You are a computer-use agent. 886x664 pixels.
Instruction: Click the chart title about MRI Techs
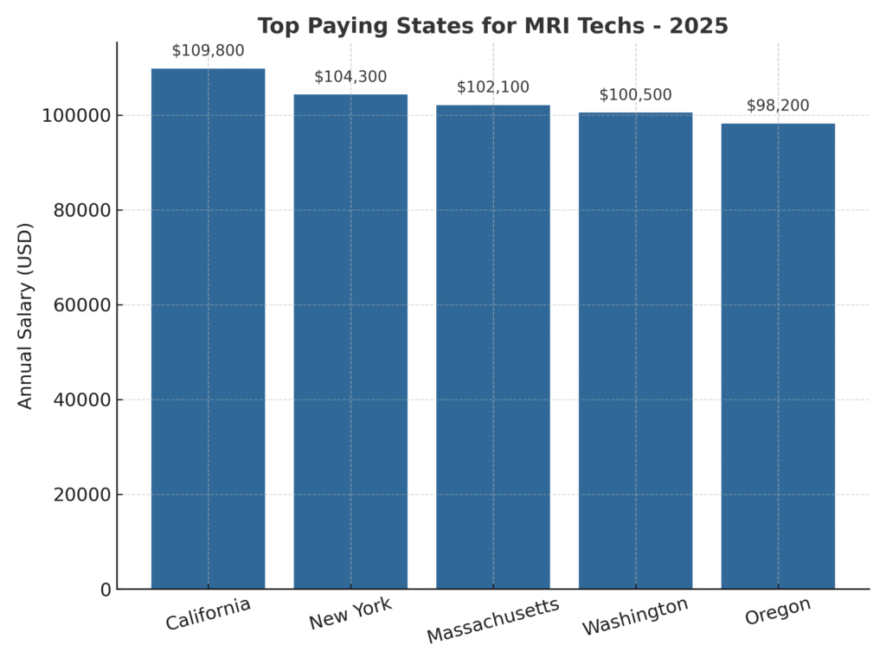point(492,26)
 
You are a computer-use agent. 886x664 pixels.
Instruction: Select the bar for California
point(208,329)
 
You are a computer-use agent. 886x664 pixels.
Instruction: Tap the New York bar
point(350,342)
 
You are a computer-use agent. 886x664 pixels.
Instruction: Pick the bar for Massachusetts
point(492,347)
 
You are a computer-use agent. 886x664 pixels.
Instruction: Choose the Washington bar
point(635,350)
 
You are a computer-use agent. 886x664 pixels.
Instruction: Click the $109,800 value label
point(208,51)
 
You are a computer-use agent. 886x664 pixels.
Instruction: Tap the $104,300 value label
point(350,77)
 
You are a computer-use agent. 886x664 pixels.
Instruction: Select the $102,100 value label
point(492,87)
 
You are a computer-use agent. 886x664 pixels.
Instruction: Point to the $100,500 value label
point(635,95)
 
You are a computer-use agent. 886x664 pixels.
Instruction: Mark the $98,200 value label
point(778,105)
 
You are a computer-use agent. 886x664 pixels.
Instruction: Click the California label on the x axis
point(208,614)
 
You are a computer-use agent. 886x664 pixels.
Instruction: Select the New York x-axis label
point(350,614)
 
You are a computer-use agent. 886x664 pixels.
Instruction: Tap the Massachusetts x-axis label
point(492,620)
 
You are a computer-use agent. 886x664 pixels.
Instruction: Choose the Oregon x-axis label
point(778,611)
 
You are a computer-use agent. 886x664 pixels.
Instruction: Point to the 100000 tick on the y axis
point(77,116)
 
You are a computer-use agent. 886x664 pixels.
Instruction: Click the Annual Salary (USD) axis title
point(25,316)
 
